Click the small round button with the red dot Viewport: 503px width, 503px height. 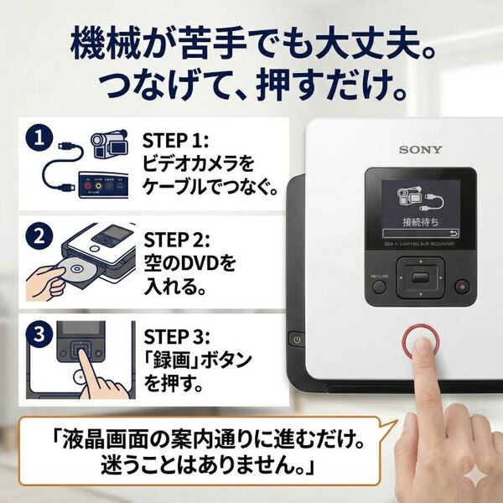click(x=460, y=287)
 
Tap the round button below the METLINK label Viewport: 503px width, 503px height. click(x=378, y=287)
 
